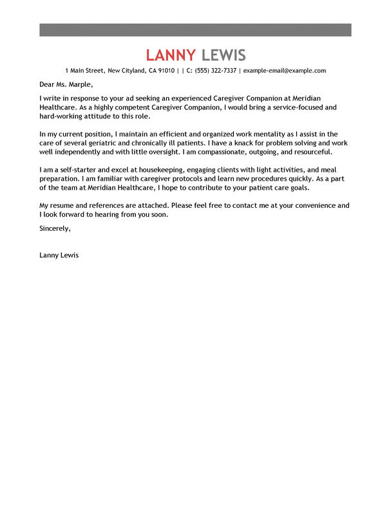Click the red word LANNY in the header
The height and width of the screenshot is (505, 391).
point(170,55)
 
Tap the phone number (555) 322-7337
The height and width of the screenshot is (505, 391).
point(216,71)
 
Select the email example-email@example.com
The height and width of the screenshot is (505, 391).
point(285,71)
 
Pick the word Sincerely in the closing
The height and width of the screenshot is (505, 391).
point(54,228)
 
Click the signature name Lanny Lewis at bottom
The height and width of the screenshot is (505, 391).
point(59,255)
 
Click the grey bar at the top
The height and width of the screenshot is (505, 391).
point(195,30)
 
